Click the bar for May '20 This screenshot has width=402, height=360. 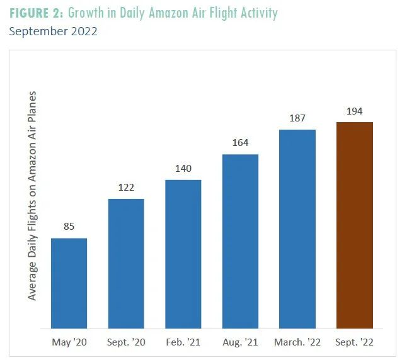(69, 283)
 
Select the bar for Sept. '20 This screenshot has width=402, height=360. (126, 264)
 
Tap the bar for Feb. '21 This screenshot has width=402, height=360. (183, 254)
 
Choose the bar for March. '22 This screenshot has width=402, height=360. (297, 229)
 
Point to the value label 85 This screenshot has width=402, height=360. (69, 226)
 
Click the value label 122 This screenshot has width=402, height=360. (126, 188)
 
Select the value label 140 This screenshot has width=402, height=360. (183, 169)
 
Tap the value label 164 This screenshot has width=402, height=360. (240, 143)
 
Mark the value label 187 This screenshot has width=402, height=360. (297, 118)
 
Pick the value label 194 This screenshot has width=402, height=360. (355, 111)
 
